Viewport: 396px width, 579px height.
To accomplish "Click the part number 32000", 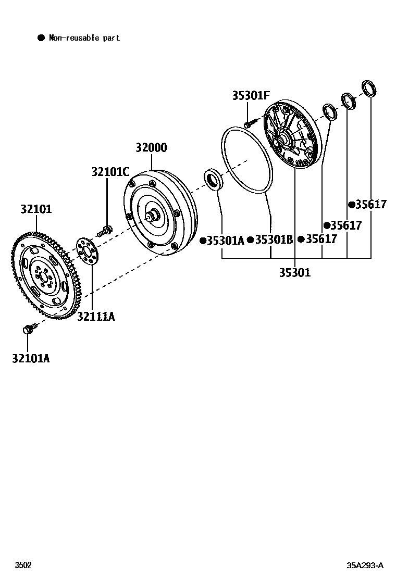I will click(x=151, y=148).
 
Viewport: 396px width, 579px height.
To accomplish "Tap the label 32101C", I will click(x=110, y=171).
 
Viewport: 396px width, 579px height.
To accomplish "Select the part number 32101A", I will click(x=31, y=358).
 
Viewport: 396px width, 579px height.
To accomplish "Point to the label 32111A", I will click(x=96, y=316).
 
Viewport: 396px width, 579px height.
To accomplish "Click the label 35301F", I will click(x=251, y=96).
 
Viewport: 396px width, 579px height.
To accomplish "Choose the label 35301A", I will click(x=225, y=240).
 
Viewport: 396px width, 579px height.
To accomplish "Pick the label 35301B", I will click(x=274, y=240).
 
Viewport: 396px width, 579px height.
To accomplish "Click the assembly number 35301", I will click(x=294, y=272).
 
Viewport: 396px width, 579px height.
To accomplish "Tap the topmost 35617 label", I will click(x=371, y=205).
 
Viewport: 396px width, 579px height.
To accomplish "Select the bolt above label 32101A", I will click(x=29, y=329).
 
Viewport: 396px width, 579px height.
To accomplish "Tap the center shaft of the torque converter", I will click(x=153, y=215).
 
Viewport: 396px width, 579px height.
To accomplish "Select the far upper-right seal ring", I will click(x=369, y=89).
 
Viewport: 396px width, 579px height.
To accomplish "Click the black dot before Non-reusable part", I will click(x=41, y=37).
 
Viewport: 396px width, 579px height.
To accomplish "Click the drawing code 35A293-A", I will click(x=365, y=565).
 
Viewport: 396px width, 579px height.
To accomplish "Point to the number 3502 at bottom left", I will click(x=23, y=565).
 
